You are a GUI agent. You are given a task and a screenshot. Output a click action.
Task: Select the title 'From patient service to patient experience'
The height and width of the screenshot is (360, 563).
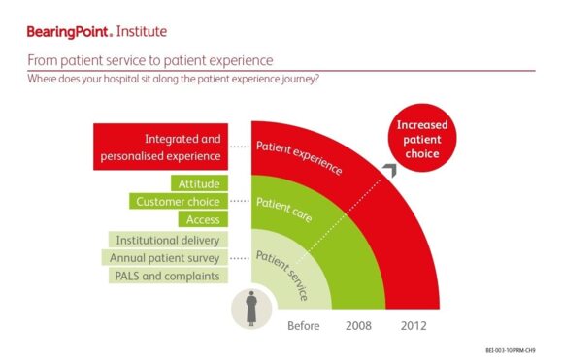pyautogui.click(x=149, y=60)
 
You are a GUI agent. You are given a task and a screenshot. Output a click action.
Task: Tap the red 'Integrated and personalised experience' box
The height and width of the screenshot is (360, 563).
pyautogui.click(x=170, y=147)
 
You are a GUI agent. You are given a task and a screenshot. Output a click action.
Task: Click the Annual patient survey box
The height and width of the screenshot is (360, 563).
pyautogui.click(x=165, y=258)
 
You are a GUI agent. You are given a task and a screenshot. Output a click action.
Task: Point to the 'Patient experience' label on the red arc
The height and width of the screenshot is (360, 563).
pyautogui.click(x=299, y=157)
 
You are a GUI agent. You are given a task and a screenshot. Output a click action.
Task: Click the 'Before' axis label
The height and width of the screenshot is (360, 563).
pyautogui.click(x=304, y=325)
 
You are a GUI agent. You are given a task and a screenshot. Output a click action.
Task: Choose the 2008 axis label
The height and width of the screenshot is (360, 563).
pyautogui.click(x=358, y=325)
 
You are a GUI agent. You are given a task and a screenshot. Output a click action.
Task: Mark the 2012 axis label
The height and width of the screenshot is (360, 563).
pyautogui.click(x=414, y=325)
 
